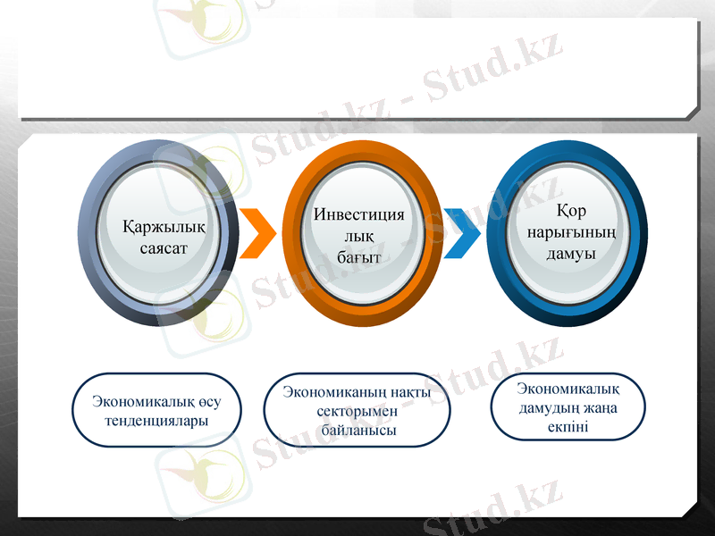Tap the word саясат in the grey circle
pyautogui.click(x=164, y=248)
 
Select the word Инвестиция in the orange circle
pyautogui.click(x=358, y=215)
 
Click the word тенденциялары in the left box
pyautogui.click(x=156, y=420)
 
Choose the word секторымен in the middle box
pyautogui.click(x=357, y=411)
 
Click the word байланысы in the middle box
pyautogui.click(x=357, y=431)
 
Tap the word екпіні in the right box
pyautogui.click(x=568, y=426)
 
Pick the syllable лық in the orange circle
pyautogui.click(x=358, y=237)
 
